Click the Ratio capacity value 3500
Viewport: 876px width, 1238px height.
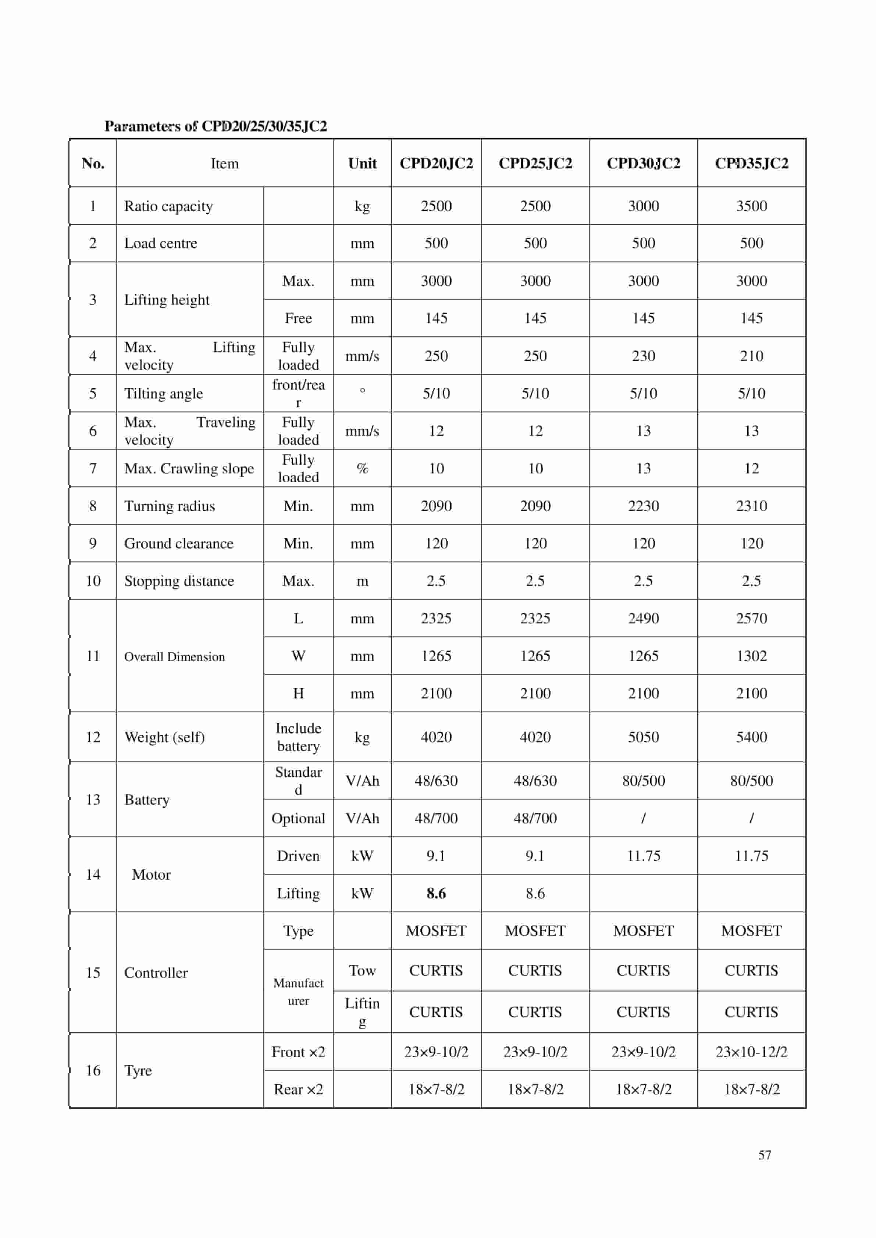(751, 206)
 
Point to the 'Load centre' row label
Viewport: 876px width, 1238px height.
(161, 243)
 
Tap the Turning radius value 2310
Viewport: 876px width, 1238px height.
(751, 506)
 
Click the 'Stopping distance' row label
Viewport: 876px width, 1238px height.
(179, 581)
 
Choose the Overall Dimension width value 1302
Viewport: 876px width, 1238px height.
(751, 656)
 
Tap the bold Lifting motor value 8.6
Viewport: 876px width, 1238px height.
(436, 894)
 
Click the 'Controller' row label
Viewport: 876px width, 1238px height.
(156, 973)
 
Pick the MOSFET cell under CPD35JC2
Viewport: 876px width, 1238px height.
(751, 931)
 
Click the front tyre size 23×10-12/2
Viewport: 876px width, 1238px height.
(751, 1051)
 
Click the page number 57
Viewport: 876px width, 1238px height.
(764, 1155)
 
